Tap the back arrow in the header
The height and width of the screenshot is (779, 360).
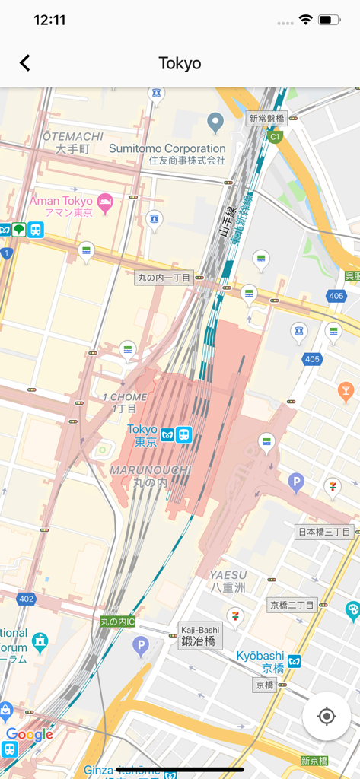coord(25,63)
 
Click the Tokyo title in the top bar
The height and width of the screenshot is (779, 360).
coord(180,63)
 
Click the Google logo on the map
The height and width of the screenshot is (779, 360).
coord(29,734)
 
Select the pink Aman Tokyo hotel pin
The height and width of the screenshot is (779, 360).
coord(105,202)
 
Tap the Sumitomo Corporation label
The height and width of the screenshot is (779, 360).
coord(167,149)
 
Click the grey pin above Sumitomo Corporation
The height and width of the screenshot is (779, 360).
coord(215,121)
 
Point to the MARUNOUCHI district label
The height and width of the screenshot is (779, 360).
coord(149,470)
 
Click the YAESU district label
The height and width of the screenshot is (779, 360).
coord(228,575)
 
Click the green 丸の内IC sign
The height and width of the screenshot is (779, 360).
coord(118,622)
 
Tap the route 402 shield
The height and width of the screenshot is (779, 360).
coord(27,599)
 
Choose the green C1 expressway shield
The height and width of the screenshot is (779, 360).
coord(275,136)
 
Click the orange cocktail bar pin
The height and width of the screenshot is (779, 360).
coord(346,391)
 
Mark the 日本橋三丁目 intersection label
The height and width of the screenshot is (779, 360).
coord(323,532)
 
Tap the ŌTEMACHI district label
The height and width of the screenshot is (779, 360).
coord(72,136)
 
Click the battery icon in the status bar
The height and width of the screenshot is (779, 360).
coord(329,21)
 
